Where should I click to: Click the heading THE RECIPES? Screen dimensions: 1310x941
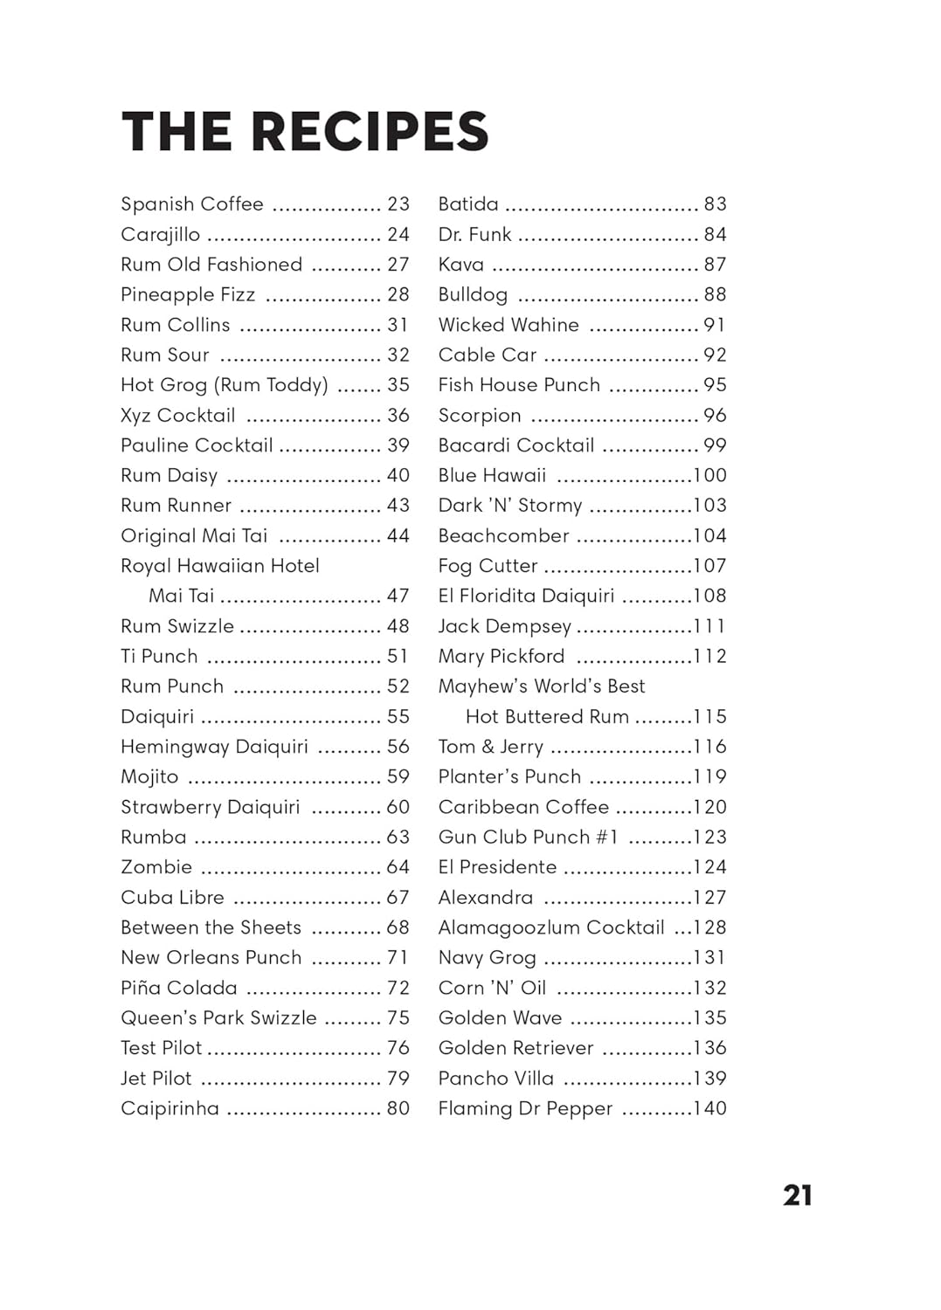(x=305, y=132)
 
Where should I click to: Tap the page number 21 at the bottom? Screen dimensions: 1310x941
(x=797, y=1195)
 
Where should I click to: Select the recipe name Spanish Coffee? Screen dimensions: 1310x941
(x=192, y=204)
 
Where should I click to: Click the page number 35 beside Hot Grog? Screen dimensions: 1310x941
(x=398, y=385)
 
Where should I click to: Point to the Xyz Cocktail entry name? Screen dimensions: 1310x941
(x=178, y=416)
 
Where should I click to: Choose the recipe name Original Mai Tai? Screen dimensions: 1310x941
(x=194, y=536)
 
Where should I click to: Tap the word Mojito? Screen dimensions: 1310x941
(x=149, y=777)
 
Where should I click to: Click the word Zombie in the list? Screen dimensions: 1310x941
(x=156, y=867)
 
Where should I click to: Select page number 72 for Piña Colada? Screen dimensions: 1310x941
(x=398, y=988)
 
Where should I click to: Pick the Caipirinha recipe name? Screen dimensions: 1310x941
(x=170, y=1108)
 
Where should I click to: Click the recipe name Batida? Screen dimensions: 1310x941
(x=468, y=204)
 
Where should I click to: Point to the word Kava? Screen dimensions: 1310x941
(x=461, y=265)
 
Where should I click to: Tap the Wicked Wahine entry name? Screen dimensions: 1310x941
(x=509, y=325)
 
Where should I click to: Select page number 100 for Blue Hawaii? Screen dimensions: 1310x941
(x=709, y=476)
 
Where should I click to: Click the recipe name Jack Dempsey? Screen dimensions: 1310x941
(x=505, y=626)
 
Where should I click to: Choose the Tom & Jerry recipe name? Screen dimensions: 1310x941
(x=491, y=747)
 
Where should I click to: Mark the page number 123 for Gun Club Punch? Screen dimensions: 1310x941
(x=709, y=838)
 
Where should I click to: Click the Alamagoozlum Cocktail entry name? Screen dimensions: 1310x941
(x=551, y=927)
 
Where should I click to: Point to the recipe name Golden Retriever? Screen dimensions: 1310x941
(x=515, y=1048)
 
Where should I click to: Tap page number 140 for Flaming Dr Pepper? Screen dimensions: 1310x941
(x=709, y=1108)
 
